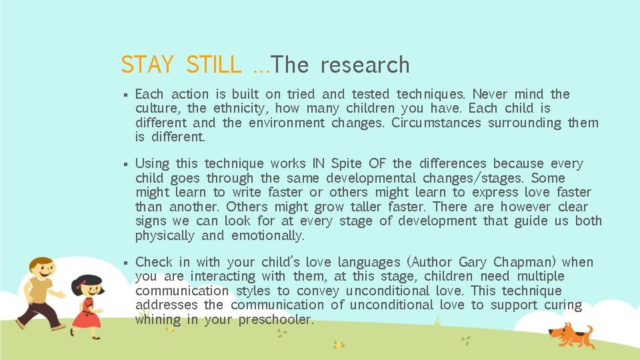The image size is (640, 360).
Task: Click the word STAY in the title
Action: click(147, 65)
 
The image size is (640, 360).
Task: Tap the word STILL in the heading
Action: click(213, 65)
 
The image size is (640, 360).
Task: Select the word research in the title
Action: click(365, 65)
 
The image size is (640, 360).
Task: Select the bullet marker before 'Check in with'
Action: click(124, 263)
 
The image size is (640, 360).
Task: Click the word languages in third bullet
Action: click(369, 263)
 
